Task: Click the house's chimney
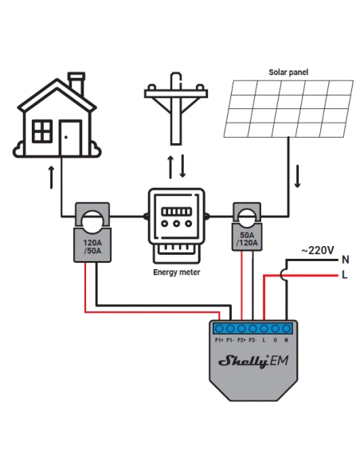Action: tap(76, 83)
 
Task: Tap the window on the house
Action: tap(42, 131)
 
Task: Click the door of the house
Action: tap(70, 138)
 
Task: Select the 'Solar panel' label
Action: tap(288, 72)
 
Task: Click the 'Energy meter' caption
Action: tap(177, 272)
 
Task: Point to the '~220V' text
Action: tap(318, 250)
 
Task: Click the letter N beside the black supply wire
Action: tap(345, 260)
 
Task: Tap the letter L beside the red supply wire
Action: tap(345, 275)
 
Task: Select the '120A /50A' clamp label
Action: tap(92, 247)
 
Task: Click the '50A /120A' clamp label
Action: tap(247, 239)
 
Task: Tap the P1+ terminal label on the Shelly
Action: tap(219, 340)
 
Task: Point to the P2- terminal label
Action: tap(252, 340)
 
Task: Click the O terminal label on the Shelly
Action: tap(276, 340)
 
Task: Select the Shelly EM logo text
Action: tap(253, 361)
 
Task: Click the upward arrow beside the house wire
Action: tap(52, 177)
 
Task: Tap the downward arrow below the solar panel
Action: tap(297, 177)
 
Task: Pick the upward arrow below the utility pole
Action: tap(170, 167)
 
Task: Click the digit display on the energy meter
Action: tap(177, 212)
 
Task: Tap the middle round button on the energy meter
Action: tap(177, 224)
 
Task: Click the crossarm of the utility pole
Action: tap(176, 94)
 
